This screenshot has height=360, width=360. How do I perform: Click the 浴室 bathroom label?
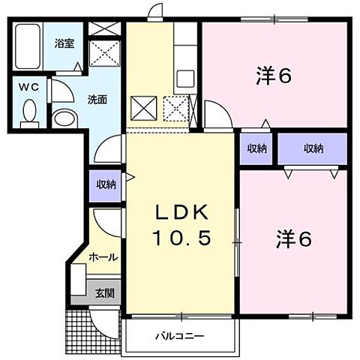[x=63, y=44]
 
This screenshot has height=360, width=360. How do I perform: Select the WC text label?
[x=28, y=86]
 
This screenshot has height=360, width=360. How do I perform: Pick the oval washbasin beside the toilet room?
[x=64, y=118]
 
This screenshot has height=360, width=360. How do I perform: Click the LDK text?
[x=180, y=211]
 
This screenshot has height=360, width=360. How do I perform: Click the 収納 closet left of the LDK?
[x=106, y=184]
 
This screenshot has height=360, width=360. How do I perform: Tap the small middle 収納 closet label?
[x=256, y=148]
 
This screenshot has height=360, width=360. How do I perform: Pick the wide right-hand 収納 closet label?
[x=313, y=148]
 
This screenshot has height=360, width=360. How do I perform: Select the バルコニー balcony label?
[x=180, y=335]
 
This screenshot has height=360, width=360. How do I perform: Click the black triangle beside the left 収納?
[x=129, y=178]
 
